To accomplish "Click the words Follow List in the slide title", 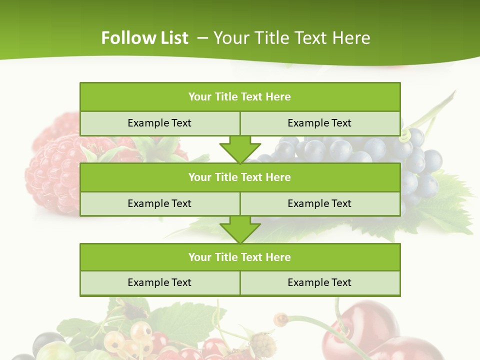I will [144, 38].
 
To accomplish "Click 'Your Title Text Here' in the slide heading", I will [291, 38].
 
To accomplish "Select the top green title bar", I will [240, 97].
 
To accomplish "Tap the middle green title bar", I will [240, 177].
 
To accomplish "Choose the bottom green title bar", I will [240, 257].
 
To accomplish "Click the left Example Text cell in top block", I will [159, 123].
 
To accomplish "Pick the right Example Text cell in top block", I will [319, 123].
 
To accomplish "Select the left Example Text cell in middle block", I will [159, 203].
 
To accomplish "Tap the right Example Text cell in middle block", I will [319, 203].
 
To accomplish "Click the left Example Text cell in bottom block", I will [159, 282].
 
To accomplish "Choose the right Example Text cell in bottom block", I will [319, 282].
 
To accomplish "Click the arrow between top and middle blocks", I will [240, 149].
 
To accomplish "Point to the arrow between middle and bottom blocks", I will [240, 229].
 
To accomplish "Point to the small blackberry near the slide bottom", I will [262, 344].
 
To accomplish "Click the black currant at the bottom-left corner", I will [47, 343].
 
